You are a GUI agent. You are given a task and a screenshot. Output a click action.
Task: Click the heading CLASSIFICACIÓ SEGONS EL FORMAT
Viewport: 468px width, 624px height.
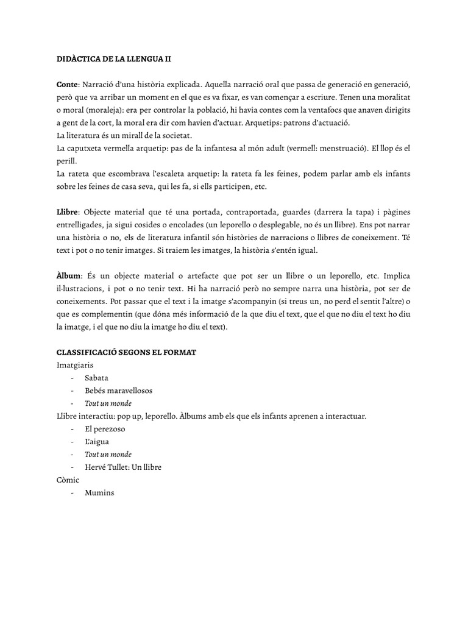(126, 353)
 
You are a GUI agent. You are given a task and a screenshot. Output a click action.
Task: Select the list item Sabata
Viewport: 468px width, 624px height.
(97, 378)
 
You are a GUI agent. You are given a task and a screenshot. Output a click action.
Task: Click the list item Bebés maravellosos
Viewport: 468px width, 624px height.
(119, 391)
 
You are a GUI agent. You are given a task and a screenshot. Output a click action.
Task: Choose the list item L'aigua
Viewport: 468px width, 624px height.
(97, 442)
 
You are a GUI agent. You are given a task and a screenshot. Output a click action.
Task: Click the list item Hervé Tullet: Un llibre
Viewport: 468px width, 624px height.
(124, 467)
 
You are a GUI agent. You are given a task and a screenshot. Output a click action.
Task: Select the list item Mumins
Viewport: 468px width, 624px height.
(99, 493)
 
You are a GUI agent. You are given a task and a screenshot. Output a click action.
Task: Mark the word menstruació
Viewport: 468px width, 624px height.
(337, 148)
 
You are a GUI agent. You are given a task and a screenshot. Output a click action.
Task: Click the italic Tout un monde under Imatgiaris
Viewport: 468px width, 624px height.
(108, 403)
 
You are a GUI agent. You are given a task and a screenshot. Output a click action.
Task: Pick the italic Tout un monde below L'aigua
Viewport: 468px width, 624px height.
(108, 455)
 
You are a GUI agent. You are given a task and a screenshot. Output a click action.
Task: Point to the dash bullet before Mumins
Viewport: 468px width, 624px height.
(72, 493)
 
